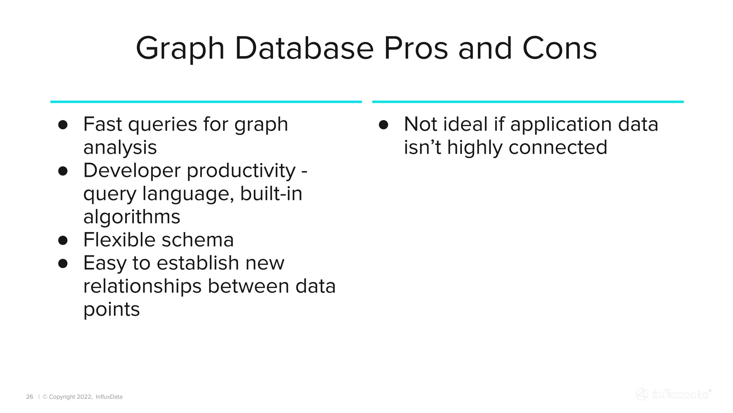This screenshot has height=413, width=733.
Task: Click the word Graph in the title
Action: click(x=180, y=49)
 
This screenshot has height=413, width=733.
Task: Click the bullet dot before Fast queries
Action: click(x=63, y=125)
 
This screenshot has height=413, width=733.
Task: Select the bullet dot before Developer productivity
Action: click(x=63, y=171)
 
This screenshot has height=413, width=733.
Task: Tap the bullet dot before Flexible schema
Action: click(x=63, y=240)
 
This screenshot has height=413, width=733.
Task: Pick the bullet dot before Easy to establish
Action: click(x=63, y=264)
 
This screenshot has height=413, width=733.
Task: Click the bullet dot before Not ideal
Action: click(x=384, y=125)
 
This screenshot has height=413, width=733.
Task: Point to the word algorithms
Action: click(x=132, y=217)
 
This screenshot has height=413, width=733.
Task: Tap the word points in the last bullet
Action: click(x=111, y=309)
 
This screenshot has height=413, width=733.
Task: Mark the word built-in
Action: click(x=271, y=194)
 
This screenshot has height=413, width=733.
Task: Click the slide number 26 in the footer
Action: click(x=30, y=397)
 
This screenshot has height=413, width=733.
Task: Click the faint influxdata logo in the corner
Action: click(x=674, y=394)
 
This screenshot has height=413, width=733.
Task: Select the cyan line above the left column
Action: click(x=206, y=102)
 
